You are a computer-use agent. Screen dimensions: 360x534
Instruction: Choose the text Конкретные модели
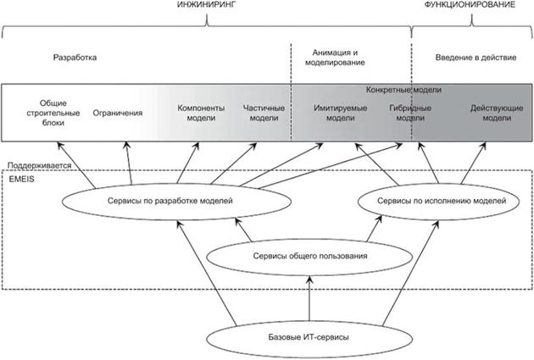(404, 89)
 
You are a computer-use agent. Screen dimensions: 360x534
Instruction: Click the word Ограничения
(117, 112)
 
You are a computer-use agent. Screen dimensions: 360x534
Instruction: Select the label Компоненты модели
(201, 113)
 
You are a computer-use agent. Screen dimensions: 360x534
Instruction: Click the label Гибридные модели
(411, 113)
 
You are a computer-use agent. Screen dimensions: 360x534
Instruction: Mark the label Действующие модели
(491, 113)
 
